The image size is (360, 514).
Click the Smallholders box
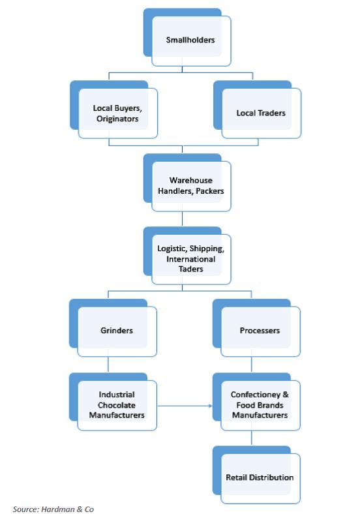(x=187, y=37)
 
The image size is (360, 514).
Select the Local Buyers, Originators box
(x=113, y=110)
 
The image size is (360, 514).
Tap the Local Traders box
(x=258, y=110)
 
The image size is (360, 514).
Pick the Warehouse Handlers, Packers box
(x=187, y=183)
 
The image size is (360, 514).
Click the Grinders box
(x=113, y=328)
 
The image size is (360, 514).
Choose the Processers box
(x=257, y=328)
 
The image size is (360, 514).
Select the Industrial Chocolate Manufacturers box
(x=113, y=402)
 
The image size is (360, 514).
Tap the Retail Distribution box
(x=257, y=475)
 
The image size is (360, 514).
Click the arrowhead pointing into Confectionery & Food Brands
(x=211, y=406)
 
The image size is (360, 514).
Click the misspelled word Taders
(x=191, y=269)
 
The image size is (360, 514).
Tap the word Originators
(x=117, y=119)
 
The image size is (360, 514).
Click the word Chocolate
(x=117, y=405)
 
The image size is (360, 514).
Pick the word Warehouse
(x=191, y=180)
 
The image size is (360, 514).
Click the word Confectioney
(x=256, y=395)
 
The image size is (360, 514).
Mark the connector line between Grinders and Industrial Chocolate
(x=108, y=365)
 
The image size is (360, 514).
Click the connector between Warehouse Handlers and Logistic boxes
(x=183, y=219)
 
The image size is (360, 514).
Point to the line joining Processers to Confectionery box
(x=252, y=365)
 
